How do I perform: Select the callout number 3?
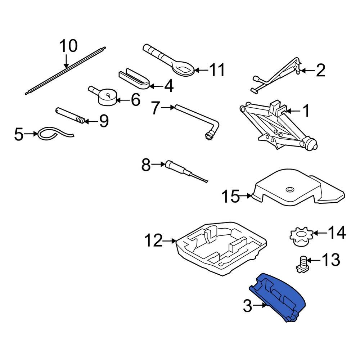[247, 306]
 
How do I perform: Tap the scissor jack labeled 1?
[277, 126]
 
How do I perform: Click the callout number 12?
[154, 240]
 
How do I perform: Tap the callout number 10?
[68, 46]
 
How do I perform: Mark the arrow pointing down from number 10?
[66, 61]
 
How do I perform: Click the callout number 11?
[217, 69]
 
